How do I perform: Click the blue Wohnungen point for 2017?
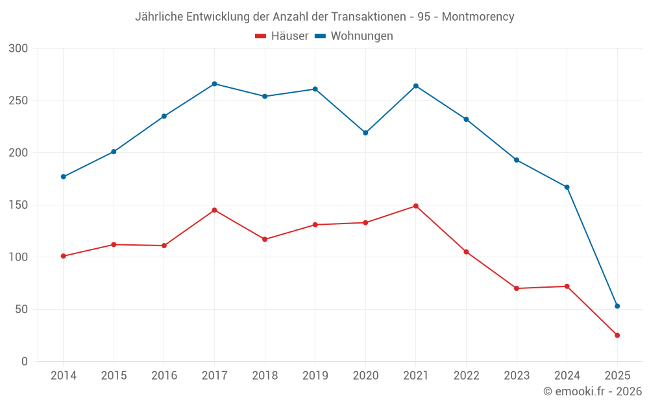pyautogui.click(x=214, y=84)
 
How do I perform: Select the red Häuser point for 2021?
pyautogui.click(x=416, y=206)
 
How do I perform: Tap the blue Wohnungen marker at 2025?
pyautogui.click(x=617, y=306)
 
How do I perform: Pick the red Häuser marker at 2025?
pyautogui.click(x=617, y=335)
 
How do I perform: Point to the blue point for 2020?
pyautogui.click(x=365, y=133)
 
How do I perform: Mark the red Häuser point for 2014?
pyautogui.click(x=63, y=256)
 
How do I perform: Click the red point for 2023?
pyautogui.click(x=517, y=288)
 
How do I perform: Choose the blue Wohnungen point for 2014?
pyautogui.click(x=63, y=177)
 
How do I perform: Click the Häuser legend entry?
pyautogui.click(x=282, y=36)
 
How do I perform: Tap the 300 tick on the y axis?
pyautogui.click(x=19, y=49)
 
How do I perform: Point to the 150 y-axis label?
pyautogui.click(x=19, y=205)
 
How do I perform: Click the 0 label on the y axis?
pyautogui.click(x=24, y=362)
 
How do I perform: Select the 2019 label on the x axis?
pyautogui.click(x=315, y=376)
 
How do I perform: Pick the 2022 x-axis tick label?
pyautogui.click(x=466, y=376)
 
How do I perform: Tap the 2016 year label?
pyautogui.click(x=164, y=376)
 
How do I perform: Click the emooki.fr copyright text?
pyautogui.click(x=592, y=391)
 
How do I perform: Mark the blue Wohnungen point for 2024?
pyautogui.click(x=567, y=187)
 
